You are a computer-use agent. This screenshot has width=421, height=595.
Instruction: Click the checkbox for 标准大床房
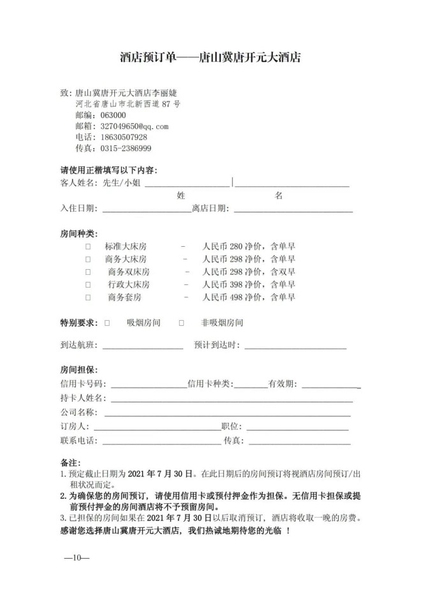(x=88, y=246)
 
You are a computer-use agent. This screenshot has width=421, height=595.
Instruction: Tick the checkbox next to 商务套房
(x=88, y=297)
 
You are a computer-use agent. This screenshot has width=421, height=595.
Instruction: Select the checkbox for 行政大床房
(x=88, y=284)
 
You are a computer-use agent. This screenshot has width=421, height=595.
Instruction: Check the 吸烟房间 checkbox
(x=107, y=323)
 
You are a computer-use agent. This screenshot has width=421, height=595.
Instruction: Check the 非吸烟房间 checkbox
(x=182, y=323)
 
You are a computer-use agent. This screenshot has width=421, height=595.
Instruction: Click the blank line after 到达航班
(x=142, y=347)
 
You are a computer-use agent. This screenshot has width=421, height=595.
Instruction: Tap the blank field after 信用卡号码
(x=149, y=386)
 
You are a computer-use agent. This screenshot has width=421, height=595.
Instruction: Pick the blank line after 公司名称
(x=223, y=413)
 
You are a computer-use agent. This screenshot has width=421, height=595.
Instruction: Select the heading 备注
(x=68, y=462)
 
